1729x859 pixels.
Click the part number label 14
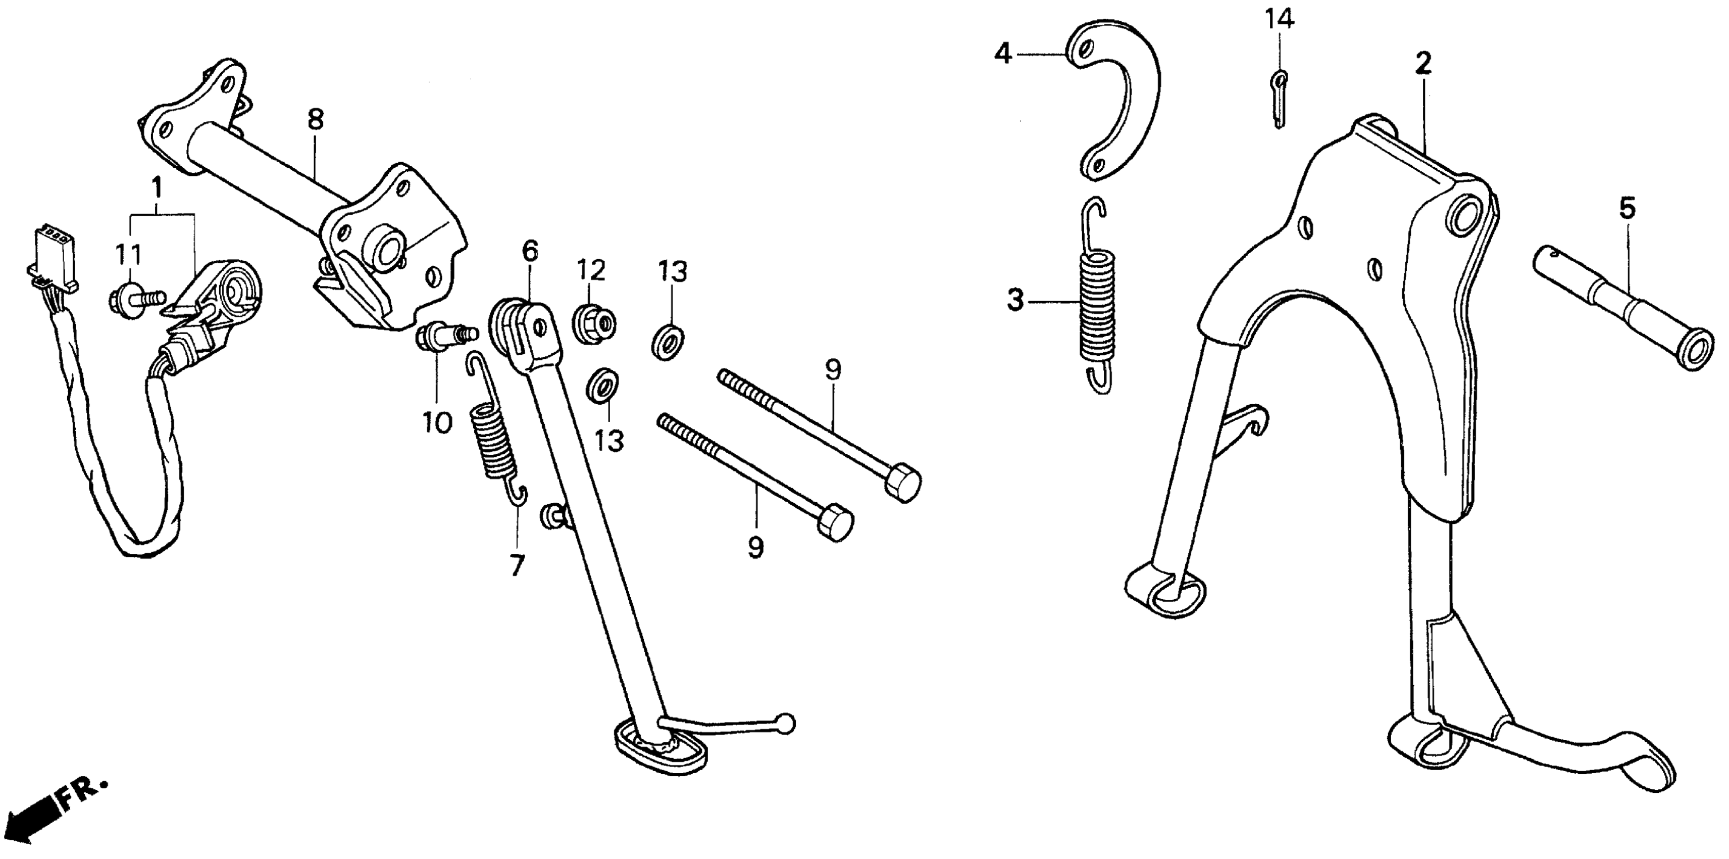(x=1279, y=20)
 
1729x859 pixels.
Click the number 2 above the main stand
(x=1422, y=64)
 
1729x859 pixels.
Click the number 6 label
(x=530, y=251)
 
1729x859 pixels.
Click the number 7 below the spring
(x=516, y=565)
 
